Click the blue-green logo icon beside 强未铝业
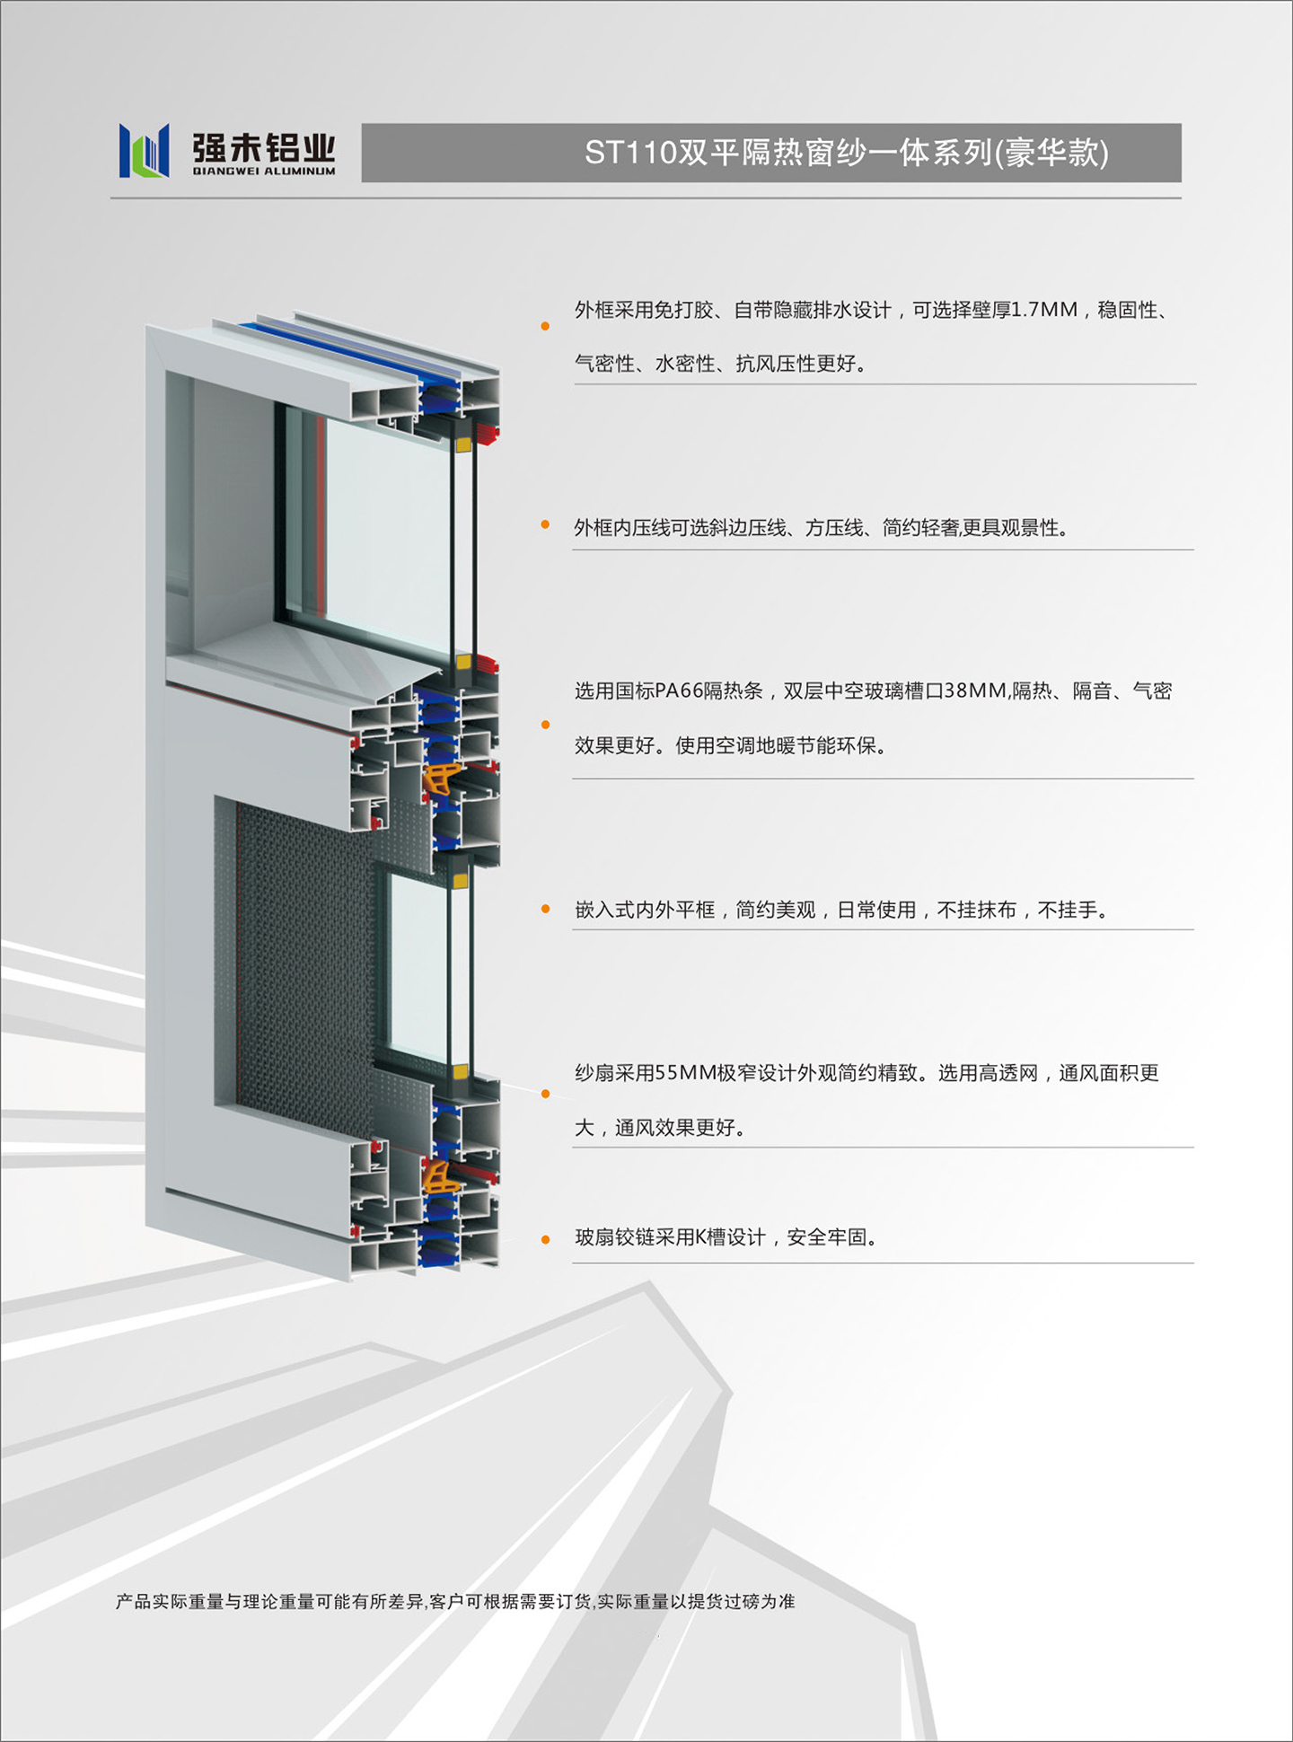click(x=145, y=150)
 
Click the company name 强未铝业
click(x=264, y=147)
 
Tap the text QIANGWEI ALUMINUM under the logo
click(x=264, y=171)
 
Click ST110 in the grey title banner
click(x=630, y=153)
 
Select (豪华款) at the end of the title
click(x=1051, y=153)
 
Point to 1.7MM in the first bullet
click(x=1044, y=310)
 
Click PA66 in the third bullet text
click(x=679, y=691)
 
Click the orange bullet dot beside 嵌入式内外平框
click(x=545, y=910)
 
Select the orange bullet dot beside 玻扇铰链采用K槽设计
click(x=545, y=1240)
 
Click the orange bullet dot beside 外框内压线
click(x=545, y=524)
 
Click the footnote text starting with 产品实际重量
click(x=455, y=1601)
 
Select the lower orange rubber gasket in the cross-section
click(x=441, y=1176)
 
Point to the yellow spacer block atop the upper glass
click(x=464, y=444)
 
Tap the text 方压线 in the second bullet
click(x=833, y=528)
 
